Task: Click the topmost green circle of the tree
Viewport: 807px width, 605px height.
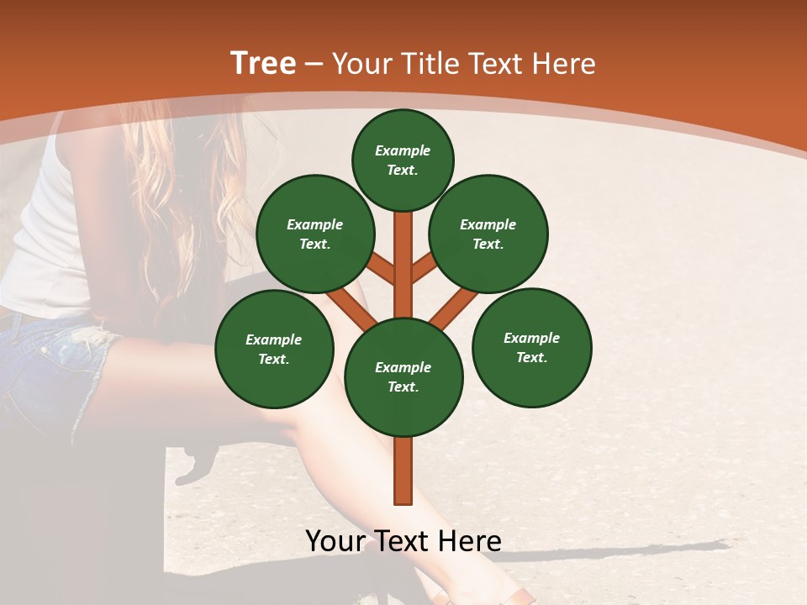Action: [403, 160]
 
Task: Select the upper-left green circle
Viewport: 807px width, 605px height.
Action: [315, 234]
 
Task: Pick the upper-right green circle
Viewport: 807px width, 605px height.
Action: [488, 234]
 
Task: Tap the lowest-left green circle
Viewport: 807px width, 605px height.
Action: [274, 350]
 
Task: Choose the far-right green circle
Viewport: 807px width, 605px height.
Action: [531, 348]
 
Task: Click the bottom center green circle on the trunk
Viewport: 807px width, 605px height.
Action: [403, 377]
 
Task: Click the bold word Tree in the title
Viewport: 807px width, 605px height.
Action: [263, 64]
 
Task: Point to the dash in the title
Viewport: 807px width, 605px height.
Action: [314, 65]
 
